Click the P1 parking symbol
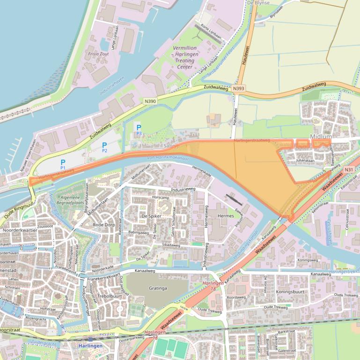[62, 162]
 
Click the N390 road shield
[150, 101]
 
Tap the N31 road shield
[348, 169]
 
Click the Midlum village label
[321, 137]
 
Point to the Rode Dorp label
[104, 225]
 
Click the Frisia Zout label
[98, 54]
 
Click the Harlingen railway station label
[88, 346]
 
